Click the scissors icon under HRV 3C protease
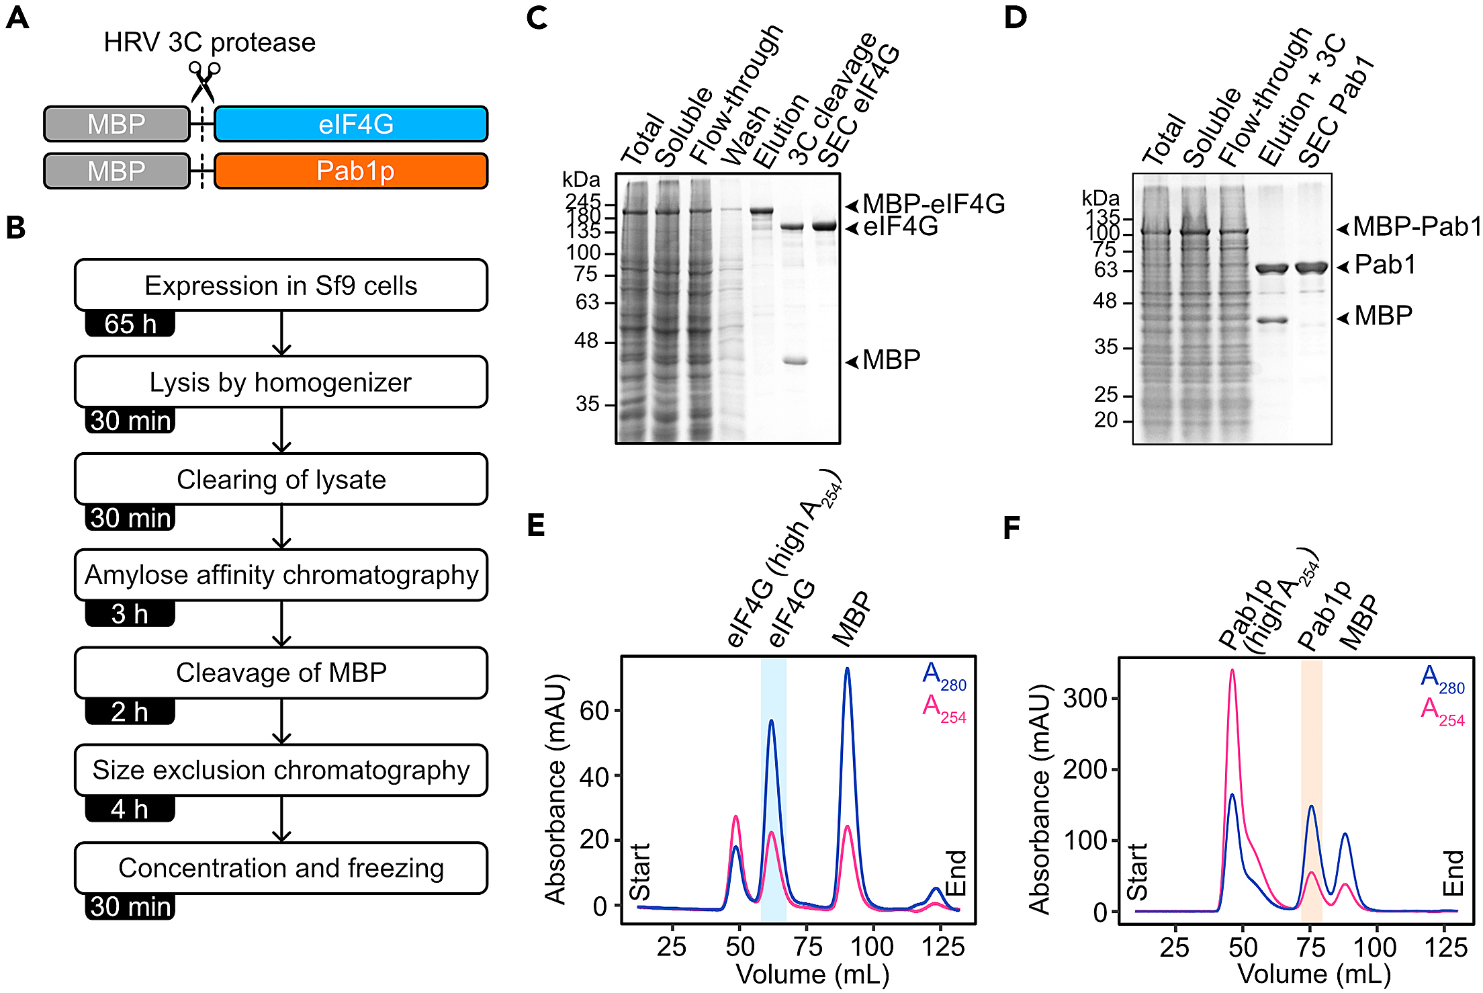pyautogui.click(x=204, y=81)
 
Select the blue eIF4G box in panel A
pyautogui.click(x=351, y=124)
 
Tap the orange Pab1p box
pyautogui.click(x=351, y=171)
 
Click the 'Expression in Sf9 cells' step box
pyautogui.click(x=281, y=286)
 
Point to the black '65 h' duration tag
pyautogui.click(x=130, y=324)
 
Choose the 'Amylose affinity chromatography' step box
pyautogui.click(x=281, y=575)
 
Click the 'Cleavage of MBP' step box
pyautogui.click(x=281, y=673)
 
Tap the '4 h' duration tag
pyautogui.click(x=130, y=809)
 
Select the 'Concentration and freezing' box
pyautogui.click(x=281, y=868)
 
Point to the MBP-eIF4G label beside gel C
pyautogui.click(x=934, y=204)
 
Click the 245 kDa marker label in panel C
pyautogui.click(x=583, y=202)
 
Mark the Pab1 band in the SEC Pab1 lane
pyautogui.click(x=1311, y=268)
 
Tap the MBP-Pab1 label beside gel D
pyautogui.click(x=1416, y=227)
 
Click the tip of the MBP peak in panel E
pyautogui.click(x=848, y=669)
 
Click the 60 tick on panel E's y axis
pyautogui.click(x=594, y=711)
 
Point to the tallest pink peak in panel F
pyautogui.click(x=1232, y=671)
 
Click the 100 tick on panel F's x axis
pyautogui.click(x=1374, y=947)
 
